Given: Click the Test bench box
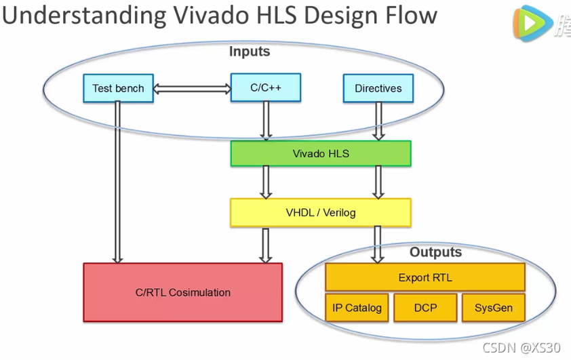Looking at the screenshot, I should tap(118, 88).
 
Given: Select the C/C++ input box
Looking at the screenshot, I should tap(265, 87).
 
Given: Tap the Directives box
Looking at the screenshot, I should tap(378, 88).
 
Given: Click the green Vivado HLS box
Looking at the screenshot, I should tap(321, 153).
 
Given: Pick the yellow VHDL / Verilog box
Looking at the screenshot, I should tap(321, 212).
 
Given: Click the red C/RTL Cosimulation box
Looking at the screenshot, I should tap(182, 292).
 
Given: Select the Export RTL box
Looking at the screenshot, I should tap(425, 277).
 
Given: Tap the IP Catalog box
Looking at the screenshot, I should tap(357, 308).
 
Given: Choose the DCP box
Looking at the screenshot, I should tap(425, 308).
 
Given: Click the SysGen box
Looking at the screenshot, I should tap(493, 308).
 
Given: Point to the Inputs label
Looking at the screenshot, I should tap(250, 52).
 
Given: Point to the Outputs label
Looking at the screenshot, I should tap(435, 252).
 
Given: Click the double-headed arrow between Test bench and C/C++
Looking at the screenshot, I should tap(192, 88).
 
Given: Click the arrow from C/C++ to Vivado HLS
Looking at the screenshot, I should tap(266, 121).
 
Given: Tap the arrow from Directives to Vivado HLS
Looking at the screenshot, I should tap(378, 121).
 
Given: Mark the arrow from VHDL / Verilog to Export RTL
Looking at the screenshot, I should tap(378, 244).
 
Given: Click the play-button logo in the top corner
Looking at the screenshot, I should tap(530, 22).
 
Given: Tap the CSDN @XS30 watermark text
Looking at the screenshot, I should tap(521, 348).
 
